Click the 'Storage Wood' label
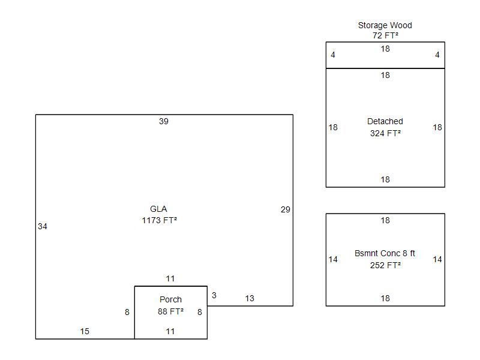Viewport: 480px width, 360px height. [385, 25]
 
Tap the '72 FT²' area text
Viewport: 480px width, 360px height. [385, 35]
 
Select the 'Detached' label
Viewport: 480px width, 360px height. [385, 121]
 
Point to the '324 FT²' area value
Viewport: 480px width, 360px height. [385, 133]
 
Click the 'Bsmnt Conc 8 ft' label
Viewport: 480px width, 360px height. [385, 253]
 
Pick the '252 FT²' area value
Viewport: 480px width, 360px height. [385, 265]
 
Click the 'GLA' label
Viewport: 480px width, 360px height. [158, 209]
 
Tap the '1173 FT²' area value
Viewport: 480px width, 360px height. [159, 220]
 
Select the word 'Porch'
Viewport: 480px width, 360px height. [170, 299]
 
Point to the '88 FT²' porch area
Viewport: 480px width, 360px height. [170, 311]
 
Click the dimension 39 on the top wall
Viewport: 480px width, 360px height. [163, 122]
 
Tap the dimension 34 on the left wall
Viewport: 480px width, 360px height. [43, 227]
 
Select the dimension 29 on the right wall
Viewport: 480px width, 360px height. [286, 209]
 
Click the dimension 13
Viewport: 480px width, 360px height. [250, 298]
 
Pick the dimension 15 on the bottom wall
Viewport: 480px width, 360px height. [85, 331]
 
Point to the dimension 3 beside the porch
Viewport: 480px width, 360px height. [214, 295]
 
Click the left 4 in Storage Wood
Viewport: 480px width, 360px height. [333, 55]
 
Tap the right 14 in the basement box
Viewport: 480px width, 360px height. [437, 260]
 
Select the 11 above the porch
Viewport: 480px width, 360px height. [170, 278]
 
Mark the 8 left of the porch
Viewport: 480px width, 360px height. [127, 312]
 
